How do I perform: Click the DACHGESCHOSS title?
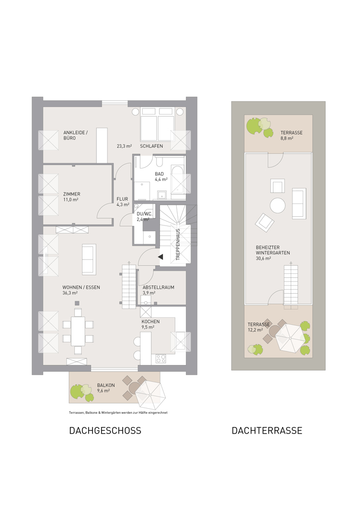(105, 431)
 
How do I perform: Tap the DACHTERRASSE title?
(267, 431)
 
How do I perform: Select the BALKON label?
(106, 385)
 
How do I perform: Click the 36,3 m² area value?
(70, 293)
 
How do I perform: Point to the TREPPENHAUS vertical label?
(178, 244)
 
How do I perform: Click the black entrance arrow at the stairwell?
(160, 257)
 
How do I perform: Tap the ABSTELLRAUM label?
(158, 287)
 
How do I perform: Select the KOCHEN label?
(150, 321)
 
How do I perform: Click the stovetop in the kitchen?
(161, 359)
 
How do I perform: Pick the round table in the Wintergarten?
(278, 206)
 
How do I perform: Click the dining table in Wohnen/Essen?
(78, 331)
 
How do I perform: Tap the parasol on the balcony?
(150, 395)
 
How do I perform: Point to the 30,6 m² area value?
(263, 259)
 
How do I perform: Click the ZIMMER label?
(72, 194)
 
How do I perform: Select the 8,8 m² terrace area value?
(287, 138)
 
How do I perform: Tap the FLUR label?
(122, 199)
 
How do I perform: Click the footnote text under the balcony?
(118, 413)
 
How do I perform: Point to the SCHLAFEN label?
(151, 146)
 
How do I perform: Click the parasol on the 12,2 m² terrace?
(290, 337)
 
